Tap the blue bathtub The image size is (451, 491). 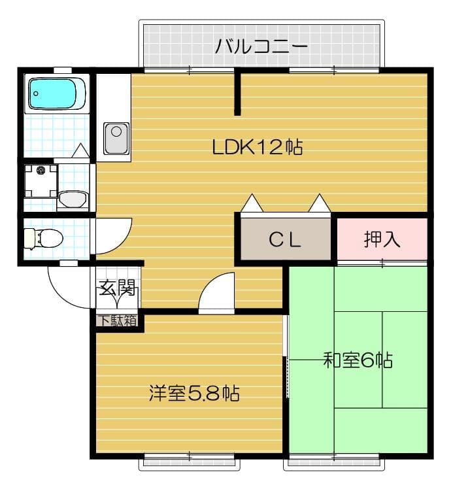56,93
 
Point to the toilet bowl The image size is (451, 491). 45,238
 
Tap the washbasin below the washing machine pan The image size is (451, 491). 72,199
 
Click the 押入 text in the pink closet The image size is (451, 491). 382,239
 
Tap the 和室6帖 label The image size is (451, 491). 358,360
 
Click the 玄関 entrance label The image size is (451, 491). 117,288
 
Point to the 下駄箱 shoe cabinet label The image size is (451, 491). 118,320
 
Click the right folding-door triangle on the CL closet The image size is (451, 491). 320,203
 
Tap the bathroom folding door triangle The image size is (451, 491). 80,151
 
